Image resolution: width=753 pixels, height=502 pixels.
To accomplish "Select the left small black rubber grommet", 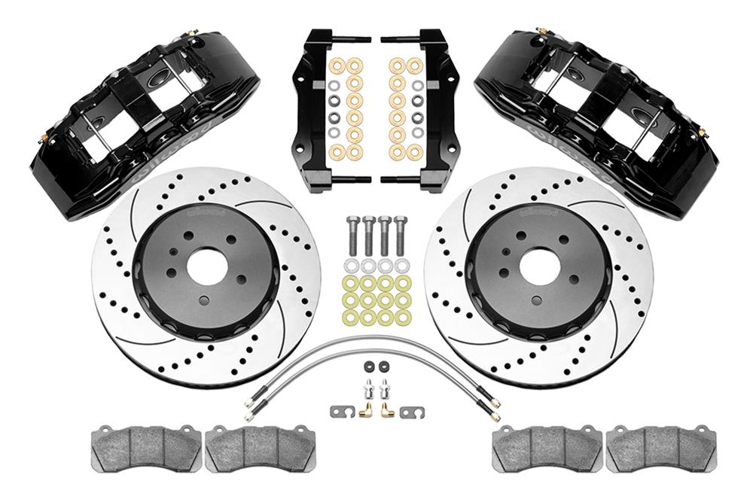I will [368, 367].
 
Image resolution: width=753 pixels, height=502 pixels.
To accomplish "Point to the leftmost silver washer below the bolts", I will [351, 266].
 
